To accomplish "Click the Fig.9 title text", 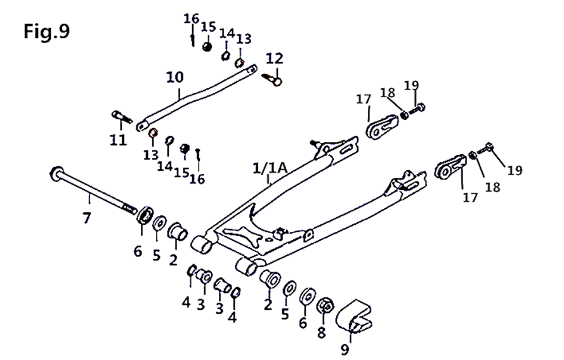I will tap(46, 31).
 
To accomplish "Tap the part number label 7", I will tap(87, 218).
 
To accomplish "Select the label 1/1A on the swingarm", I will tap(270, 168).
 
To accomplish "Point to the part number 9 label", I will tap(344, 349).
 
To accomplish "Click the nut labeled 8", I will tap(325, 306).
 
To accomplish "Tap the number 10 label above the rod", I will tap(174, 77).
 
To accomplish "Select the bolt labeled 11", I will tap(121, 117).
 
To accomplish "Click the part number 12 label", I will tap(274, 58).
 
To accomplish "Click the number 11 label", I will tap(118, 139).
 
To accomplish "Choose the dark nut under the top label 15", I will tap(207, 46).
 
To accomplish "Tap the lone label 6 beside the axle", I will tap(138, 251).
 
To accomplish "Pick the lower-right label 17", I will tap(470, 197).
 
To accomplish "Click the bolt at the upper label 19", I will tap(418, 108).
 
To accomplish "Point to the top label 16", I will tap(192, 18).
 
